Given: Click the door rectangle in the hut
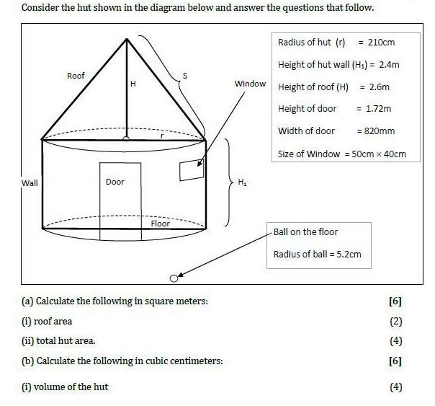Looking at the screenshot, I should point(120,195).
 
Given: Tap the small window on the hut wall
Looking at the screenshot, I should point(192,170).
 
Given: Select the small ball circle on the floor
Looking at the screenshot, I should point(174,278).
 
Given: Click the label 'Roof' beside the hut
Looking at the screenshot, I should point(76,76).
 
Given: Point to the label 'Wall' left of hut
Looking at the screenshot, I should point(30,182).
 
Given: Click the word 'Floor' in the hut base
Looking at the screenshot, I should point(161,224).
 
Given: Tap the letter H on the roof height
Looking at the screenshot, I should point(133,84).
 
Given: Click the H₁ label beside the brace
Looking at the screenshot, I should point(242,182).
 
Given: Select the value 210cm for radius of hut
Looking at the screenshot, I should point(381,42).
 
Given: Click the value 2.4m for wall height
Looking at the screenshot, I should point(390,64).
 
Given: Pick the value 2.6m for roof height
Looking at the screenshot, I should point(380,87).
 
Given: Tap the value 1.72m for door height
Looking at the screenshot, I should point(378,109).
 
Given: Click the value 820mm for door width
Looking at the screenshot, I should point(380,131).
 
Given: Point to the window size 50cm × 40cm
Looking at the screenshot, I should point(379,154).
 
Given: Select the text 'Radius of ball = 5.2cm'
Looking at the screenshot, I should point(317,254).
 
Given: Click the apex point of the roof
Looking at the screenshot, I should point(127,37).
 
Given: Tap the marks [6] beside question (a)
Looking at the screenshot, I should point(395,301).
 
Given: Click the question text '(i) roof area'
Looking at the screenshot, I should point(48,322).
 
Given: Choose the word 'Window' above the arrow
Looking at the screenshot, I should point(250,84).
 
